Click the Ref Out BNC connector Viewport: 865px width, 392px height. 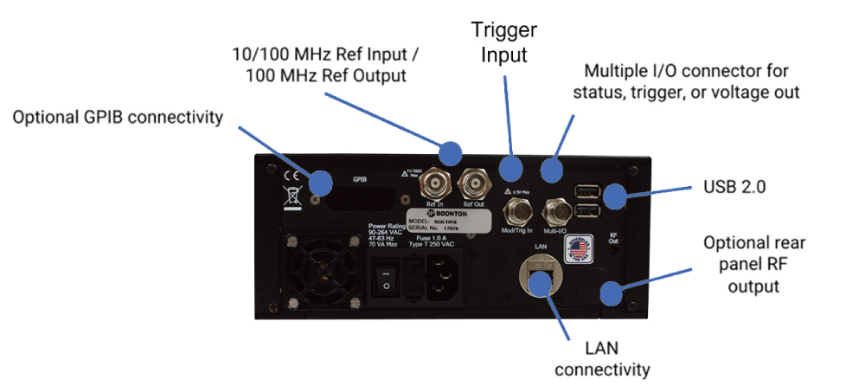point(472,183)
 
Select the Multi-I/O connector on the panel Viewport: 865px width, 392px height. point(554,211)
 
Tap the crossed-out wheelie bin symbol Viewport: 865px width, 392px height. point(290,192)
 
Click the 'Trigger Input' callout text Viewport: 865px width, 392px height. point(504,42)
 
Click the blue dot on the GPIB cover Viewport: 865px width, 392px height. point(321,183)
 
